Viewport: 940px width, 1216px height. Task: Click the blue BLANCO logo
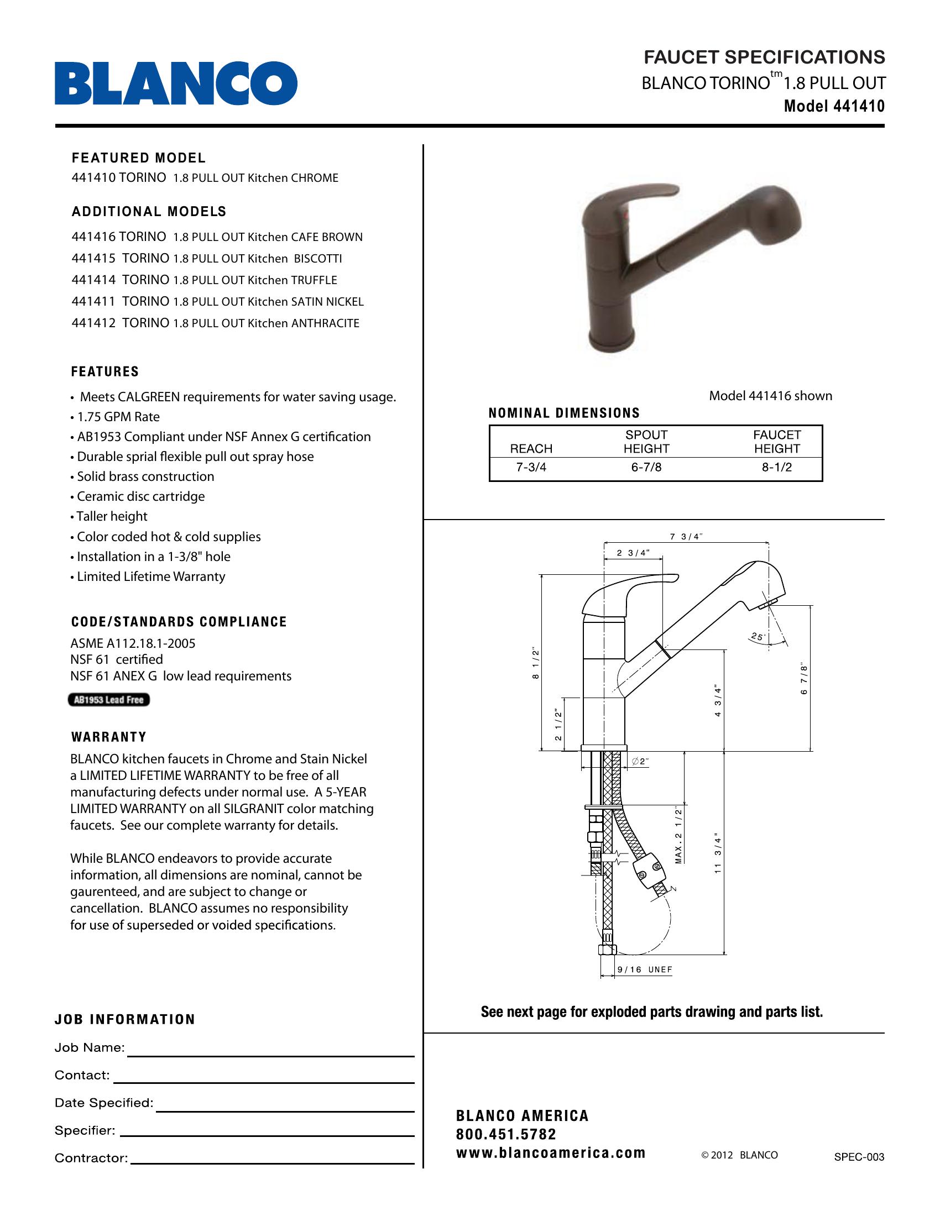[175, 83]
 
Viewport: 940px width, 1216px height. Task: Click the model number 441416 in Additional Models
[93, 237]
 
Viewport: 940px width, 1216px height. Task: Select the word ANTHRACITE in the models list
[325, 323]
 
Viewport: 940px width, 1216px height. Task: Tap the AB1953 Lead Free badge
[109, 700]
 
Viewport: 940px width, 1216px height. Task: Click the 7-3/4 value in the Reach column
[531, 468]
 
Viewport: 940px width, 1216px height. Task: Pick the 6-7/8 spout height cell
[646, 468]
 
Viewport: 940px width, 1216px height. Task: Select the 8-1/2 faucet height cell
[777, 468]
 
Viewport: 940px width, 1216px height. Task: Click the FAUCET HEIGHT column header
[777, 442]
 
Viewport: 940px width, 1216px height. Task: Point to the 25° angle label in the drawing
[758, 636]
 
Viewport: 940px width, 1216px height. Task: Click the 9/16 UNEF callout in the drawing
[645, 970]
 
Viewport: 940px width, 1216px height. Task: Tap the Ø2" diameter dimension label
[641, 762]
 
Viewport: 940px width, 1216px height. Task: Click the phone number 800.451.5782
[505, 1134]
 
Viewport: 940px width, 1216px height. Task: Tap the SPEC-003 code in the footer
[859, 1157]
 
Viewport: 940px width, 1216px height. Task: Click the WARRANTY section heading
[109, 737]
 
